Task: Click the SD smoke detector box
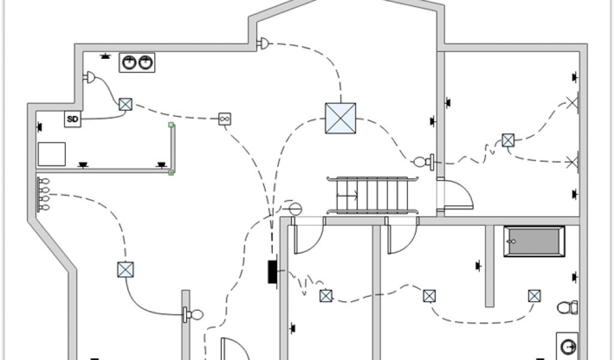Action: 73,119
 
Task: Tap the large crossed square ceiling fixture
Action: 340,118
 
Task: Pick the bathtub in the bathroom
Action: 534,241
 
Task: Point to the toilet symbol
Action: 567,307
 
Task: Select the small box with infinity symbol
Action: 224,119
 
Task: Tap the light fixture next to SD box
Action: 125,104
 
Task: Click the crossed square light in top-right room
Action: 508,140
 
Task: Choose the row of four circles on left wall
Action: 44,194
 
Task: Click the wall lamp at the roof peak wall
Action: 263,43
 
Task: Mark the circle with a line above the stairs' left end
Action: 294,209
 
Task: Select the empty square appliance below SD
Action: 52,154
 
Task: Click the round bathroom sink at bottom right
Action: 568,346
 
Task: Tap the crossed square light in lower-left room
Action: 125,269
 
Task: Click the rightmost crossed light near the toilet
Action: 534,295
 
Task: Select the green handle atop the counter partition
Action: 171,125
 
